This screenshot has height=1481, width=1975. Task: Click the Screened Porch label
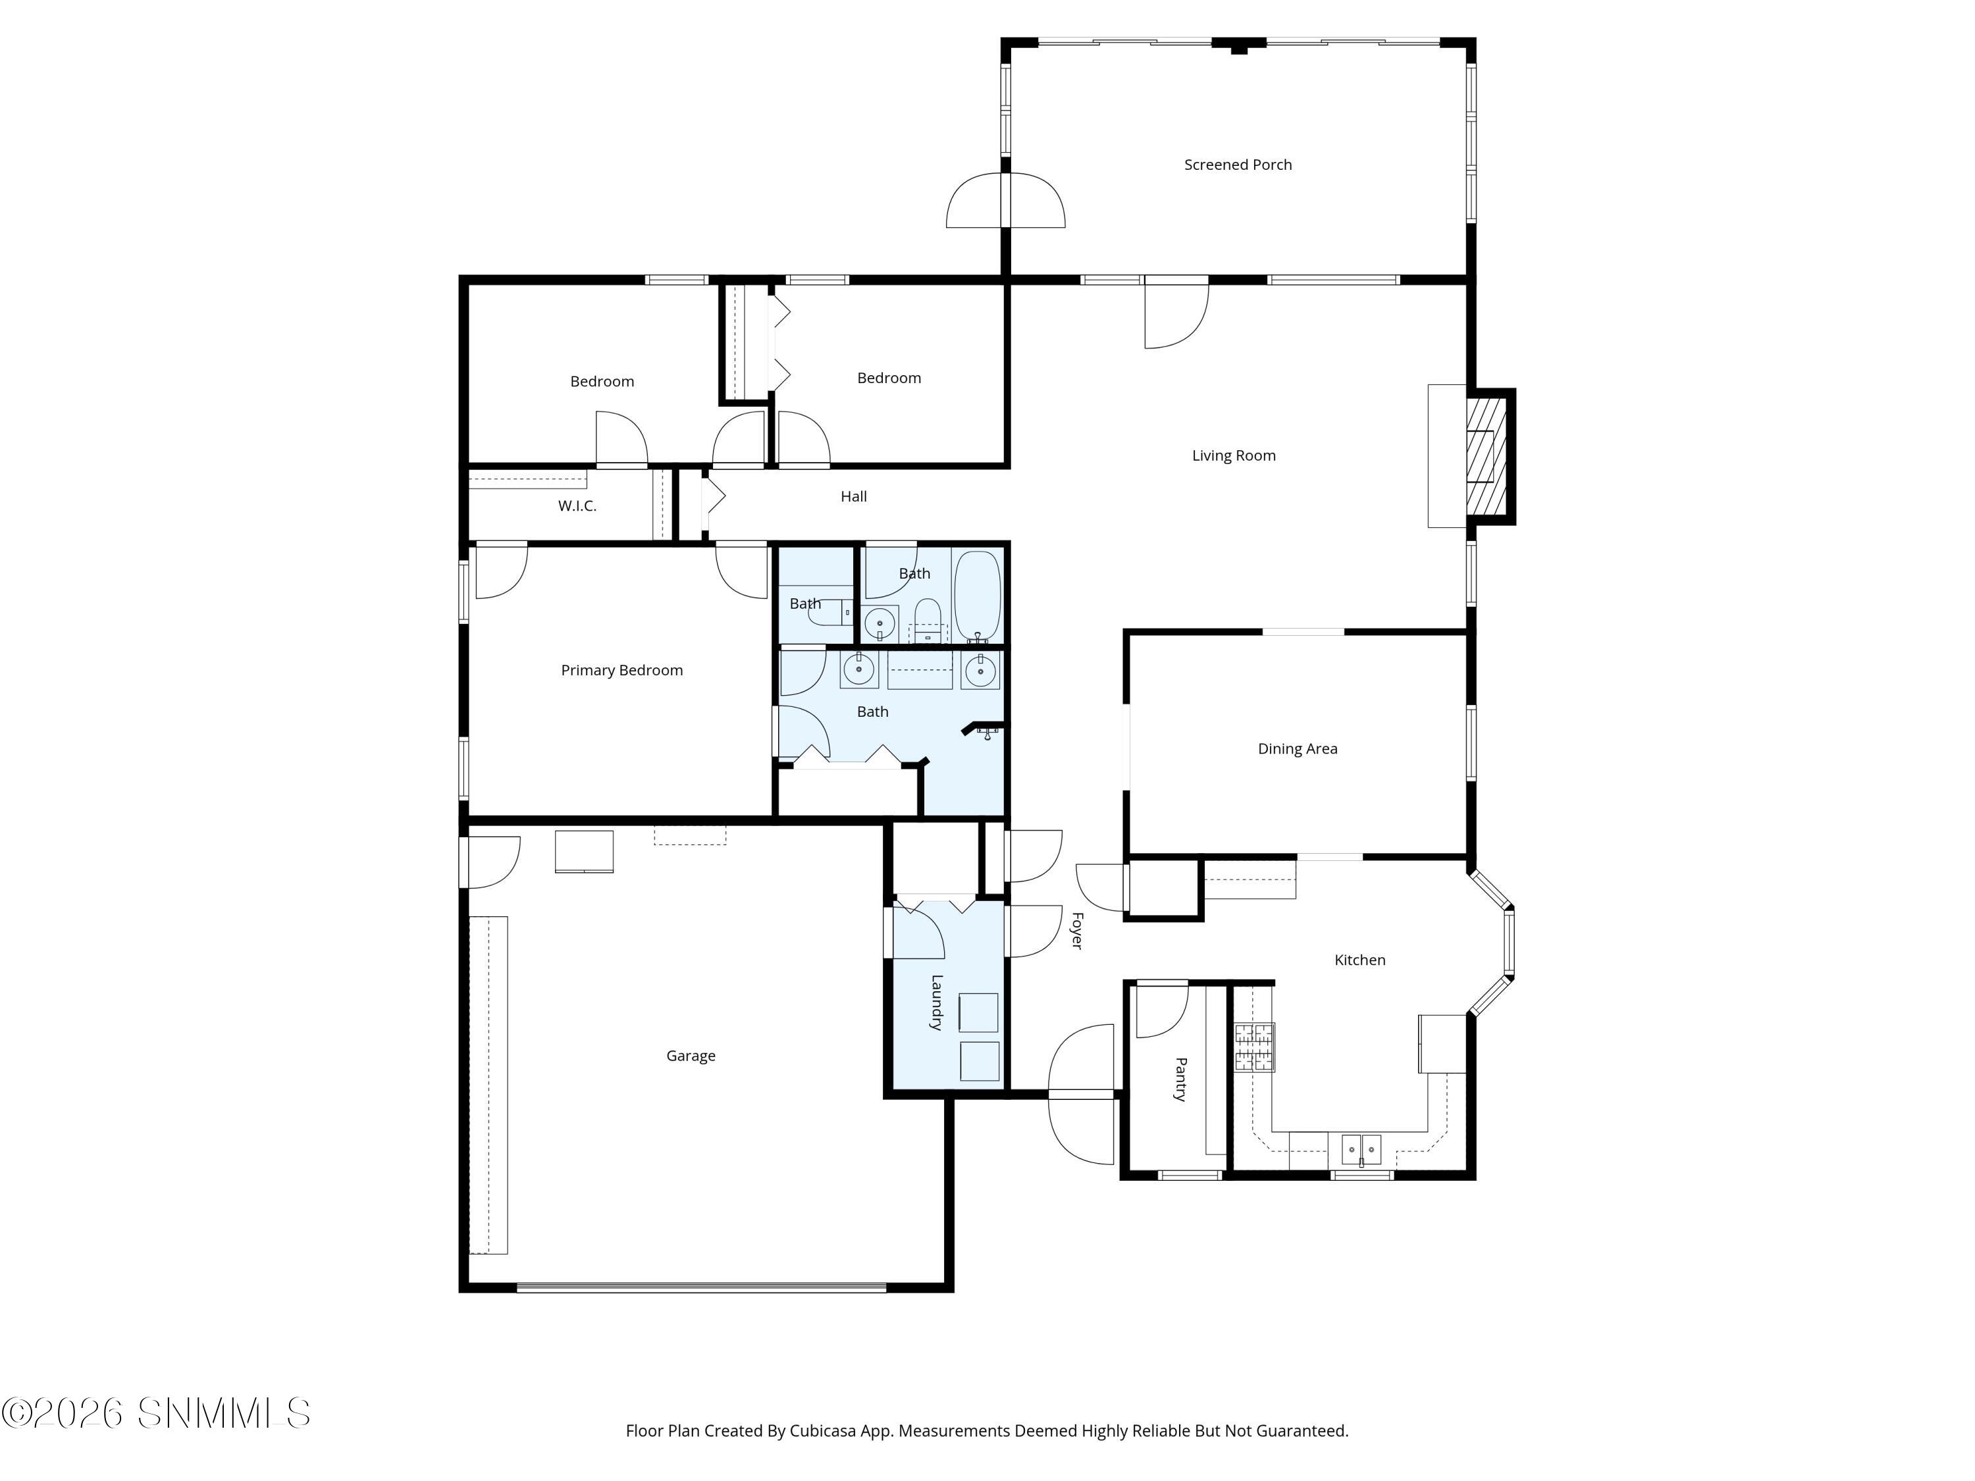[x=1238, y=165]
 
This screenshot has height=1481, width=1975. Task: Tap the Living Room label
[x=1233, y=455]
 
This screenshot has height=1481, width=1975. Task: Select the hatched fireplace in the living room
[x=1487, y=455]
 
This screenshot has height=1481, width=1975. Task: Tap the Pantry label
[x=1180, y=1079]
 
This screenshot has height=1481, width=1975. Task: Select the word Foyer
[x=1077, y=930]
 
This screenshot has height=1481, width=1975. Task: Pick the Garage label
[x=690, y=1055]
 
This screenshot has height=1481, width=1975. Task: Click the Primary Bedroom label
[x=621, y=669]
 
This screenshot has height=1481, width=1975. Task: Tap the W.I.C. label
[x=577, y=506]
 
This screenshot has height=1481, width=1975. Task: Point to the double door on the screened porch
[x=1005, y=201]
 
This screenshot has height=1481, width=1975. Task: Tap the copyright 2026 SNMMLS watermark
[x=156, y=1413]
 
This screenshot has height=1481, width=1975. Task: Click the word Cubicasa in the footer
[x=823, y=1431]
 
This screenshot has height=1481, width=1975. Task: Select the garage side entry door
[x=490, y=862]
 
